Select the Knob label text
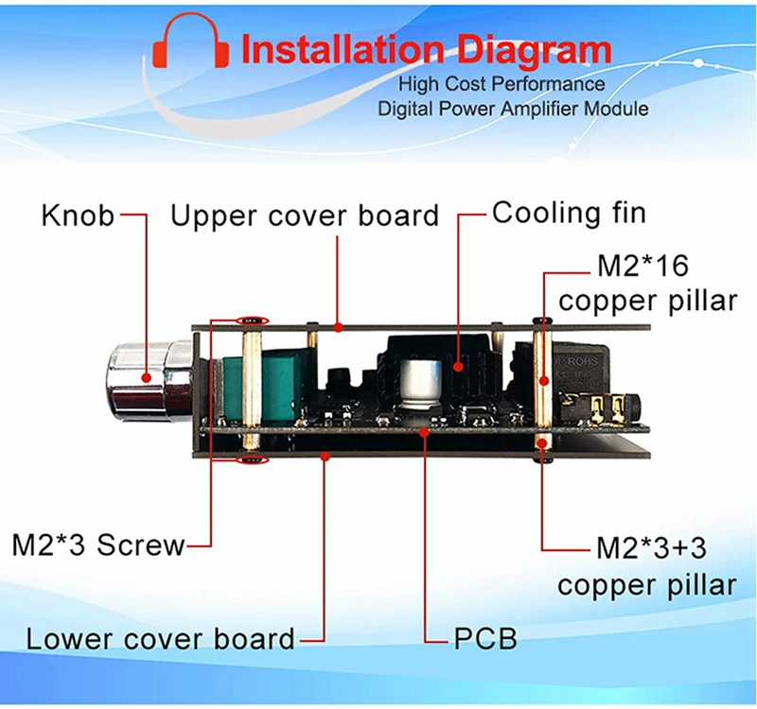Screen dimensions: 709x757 tap(79, 216)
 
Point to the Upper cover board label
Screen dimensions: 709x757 tap(305, 216)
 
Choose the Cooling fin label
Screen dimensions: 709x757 tap(570, 213)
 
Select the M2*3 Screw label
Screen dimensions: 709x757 tap(98, 545)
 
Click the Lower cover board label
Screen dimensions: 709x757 tap(161, 638)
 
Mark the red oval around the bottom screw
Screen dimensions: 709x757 tap(252, 460)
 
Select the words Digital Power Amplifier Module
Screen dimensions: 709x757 tap(514, 109)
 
